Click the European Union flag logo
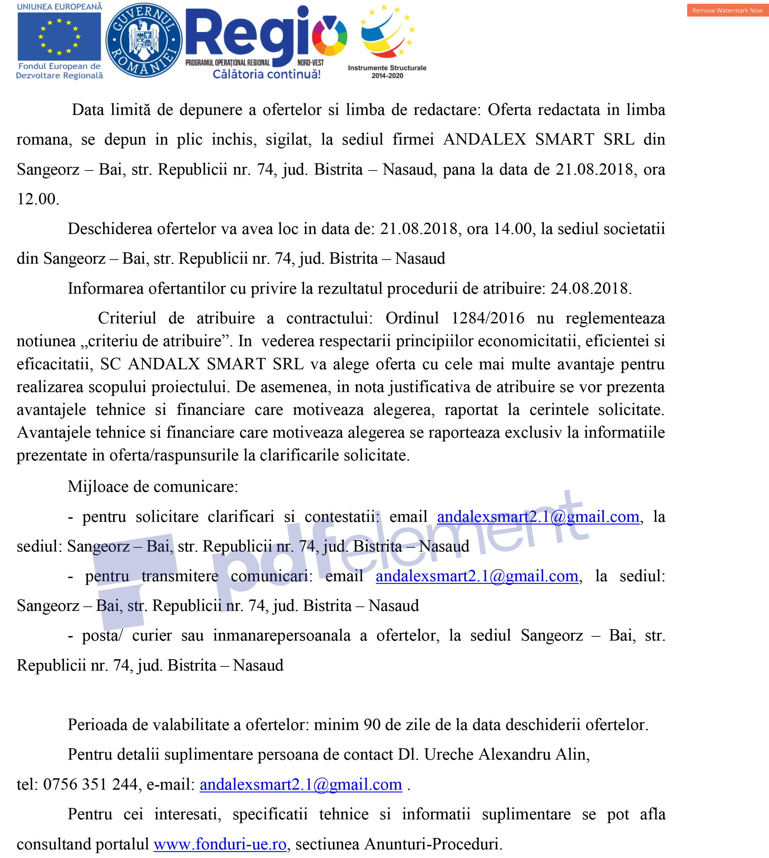click(x=59, y=37)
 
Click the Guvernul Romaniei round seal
click(x=144, y=40)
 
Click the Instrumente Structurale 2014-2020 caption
click(x=387, y=71)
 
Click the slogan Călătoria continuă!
click(x=267, y=75)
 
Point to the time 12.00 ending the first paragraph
click(x=37, y=199)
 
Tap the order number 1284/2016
click(x=487, y=318)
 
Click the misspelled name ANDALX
click(x=164, y=363)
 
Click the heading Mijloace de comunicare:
click(x=153, y=487)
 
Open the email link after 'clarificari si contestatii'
click(x=538, y=516)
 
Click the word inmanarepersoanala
click(x=282, y=635)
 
